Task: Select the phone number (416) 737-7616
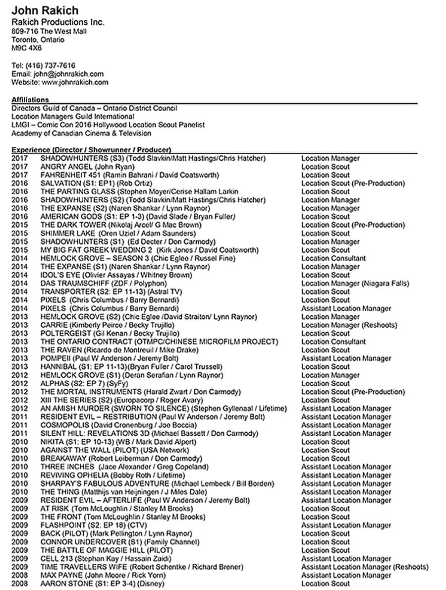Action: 52,65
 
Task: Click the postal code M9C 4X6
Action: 27,49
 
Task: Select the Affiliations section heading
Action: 30,100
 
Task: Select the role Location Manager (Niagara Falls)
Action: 355,284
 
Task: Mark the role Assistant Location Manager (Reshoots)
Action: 365,567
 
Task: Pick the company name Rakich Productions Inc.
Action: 58,22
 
